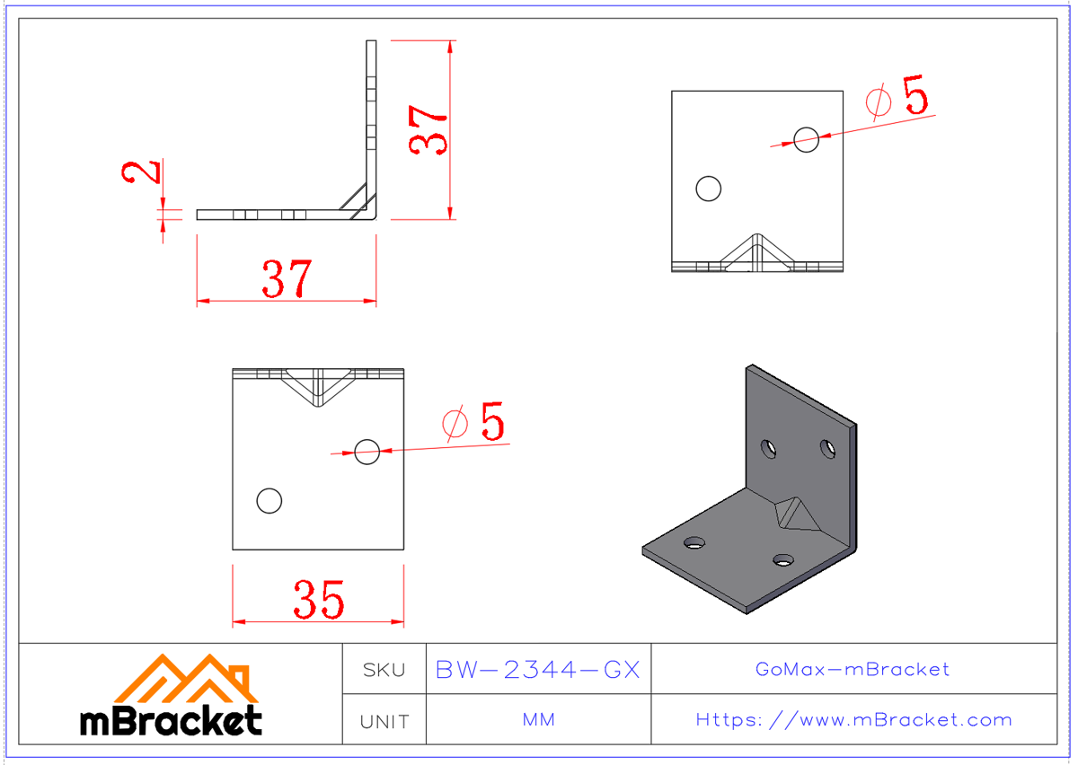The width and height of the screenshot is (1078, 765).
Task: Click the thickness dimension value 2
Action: click(x=142, y=171)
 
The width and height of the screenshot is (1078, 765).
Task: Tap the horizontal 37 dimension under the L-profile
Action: click(x=287, y=278)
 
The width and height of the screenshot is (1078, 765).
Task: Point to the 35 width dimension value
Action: click(x=318, y=600)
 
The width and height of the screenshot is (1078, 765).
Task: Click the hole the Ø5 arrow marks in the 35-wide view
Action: click(x=367, y=452)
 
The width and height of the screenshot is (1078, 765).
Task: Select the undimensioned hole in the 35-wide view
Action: click(x=269, y=500)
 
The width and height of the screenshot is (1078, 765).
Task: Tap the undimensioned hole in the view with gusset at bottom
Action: click(x=709, y=189)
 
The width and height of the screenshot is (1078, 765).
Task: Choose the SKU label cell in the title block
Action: click(x=384, y=670)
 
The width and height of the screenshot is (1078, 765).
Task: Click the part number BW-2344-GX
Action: click(x=537, y=670)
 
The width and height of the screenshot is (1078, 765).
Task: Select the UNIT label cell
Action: click(x=384, y=721)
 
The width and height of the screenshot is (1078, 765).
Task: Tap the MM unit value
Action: click(x=537, y=720)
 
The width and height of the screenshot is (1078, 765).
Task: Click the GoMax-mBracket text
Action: click(x=853, y=669)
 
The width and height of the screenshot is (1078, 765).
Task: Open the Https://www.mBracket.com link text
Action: click(x=853, y=720)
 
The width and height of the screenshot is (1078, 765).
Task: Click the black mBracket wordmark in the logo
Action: click(x=171, y=720)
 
